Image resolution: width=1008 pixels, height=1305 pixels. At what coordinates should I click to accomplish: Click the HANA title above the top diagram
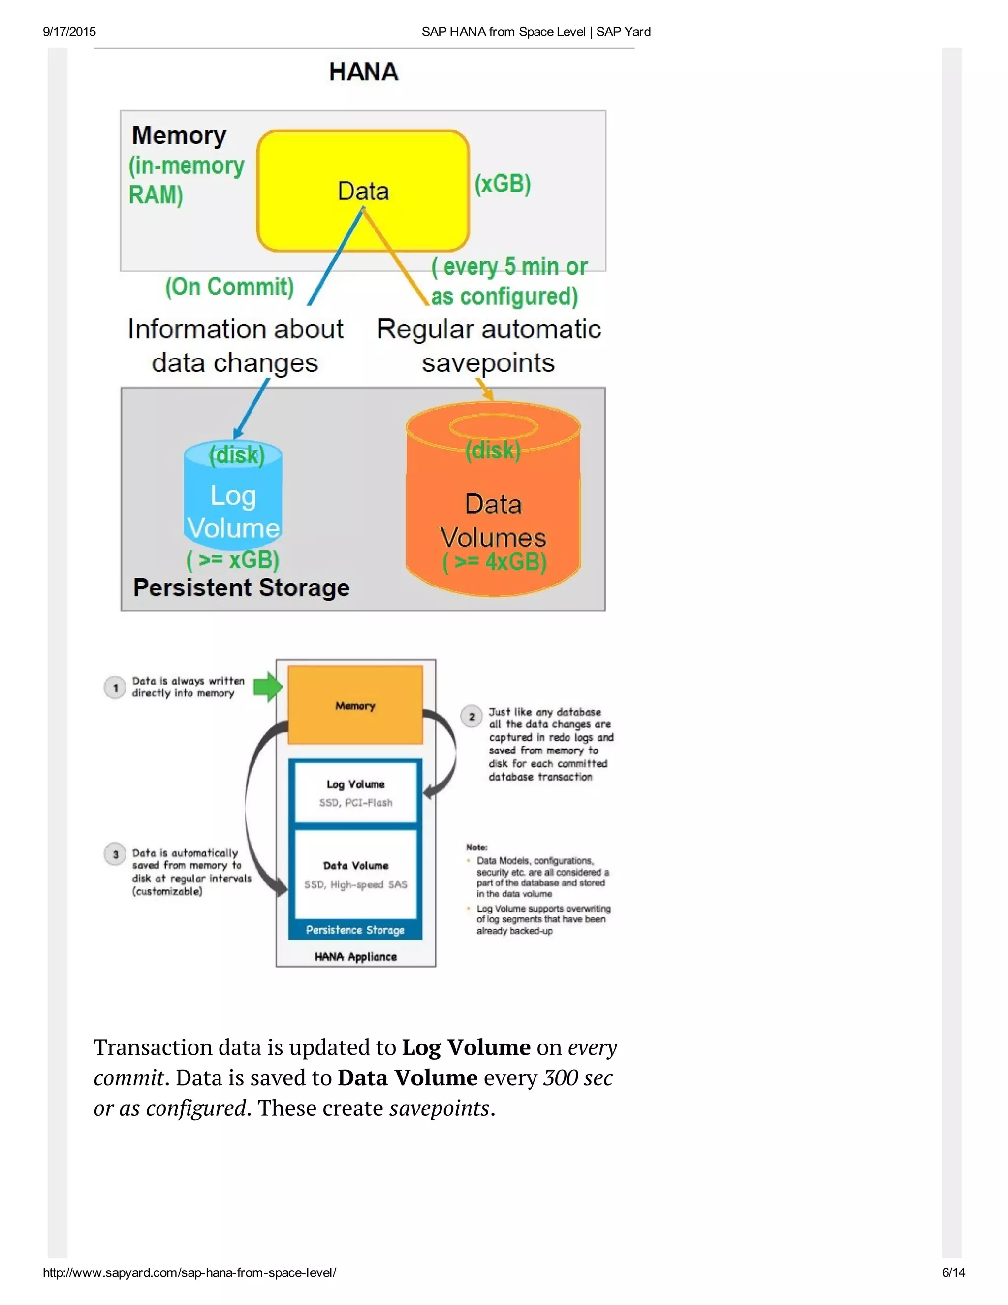click(364, 72)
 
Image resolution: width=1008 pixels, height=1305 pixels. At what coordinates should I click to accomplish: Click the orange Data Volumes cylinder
click(493, 508)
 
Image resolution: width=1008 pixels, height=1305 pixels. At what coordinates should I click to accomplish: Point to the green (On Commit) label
click(229, 287)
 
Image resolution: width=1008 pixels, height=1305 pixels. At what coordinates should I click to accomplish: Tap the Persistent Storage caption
click(241, 588)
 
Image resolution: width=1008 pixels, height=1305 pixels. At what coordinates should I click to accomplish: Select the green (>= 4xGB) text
click(495, 562)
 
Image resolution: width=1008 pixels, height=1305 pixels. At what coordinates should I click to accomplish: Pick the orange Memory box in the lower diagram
click(355, 705)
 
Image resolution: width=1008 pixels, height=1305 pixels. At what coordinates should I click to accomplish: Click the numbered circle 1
click(115, 688)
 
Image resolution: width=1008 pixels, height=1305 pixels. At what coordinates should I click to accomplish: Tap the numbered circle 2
click(472, 717)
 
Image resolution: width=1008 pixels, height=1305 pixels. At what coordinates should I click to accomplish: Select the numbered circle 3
click(115, 854)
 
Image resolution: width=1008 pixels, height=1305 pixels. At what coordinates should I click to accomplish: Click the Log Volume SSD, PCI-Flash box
click(355, 793)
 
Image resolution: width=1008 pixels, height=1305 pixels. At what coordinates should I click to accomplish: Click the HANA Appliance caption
click(355, 957)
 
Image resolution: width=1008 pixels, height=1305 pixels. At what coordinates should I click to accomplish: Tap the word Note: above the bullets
click(476, 848)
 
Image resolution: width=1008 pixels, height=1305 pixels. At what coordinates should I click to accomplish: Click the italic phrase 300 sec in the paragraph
click(577, 1078)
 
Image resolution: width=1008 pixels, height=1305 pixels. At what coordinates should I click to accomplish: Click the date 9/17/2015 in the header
click(69, 32)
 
